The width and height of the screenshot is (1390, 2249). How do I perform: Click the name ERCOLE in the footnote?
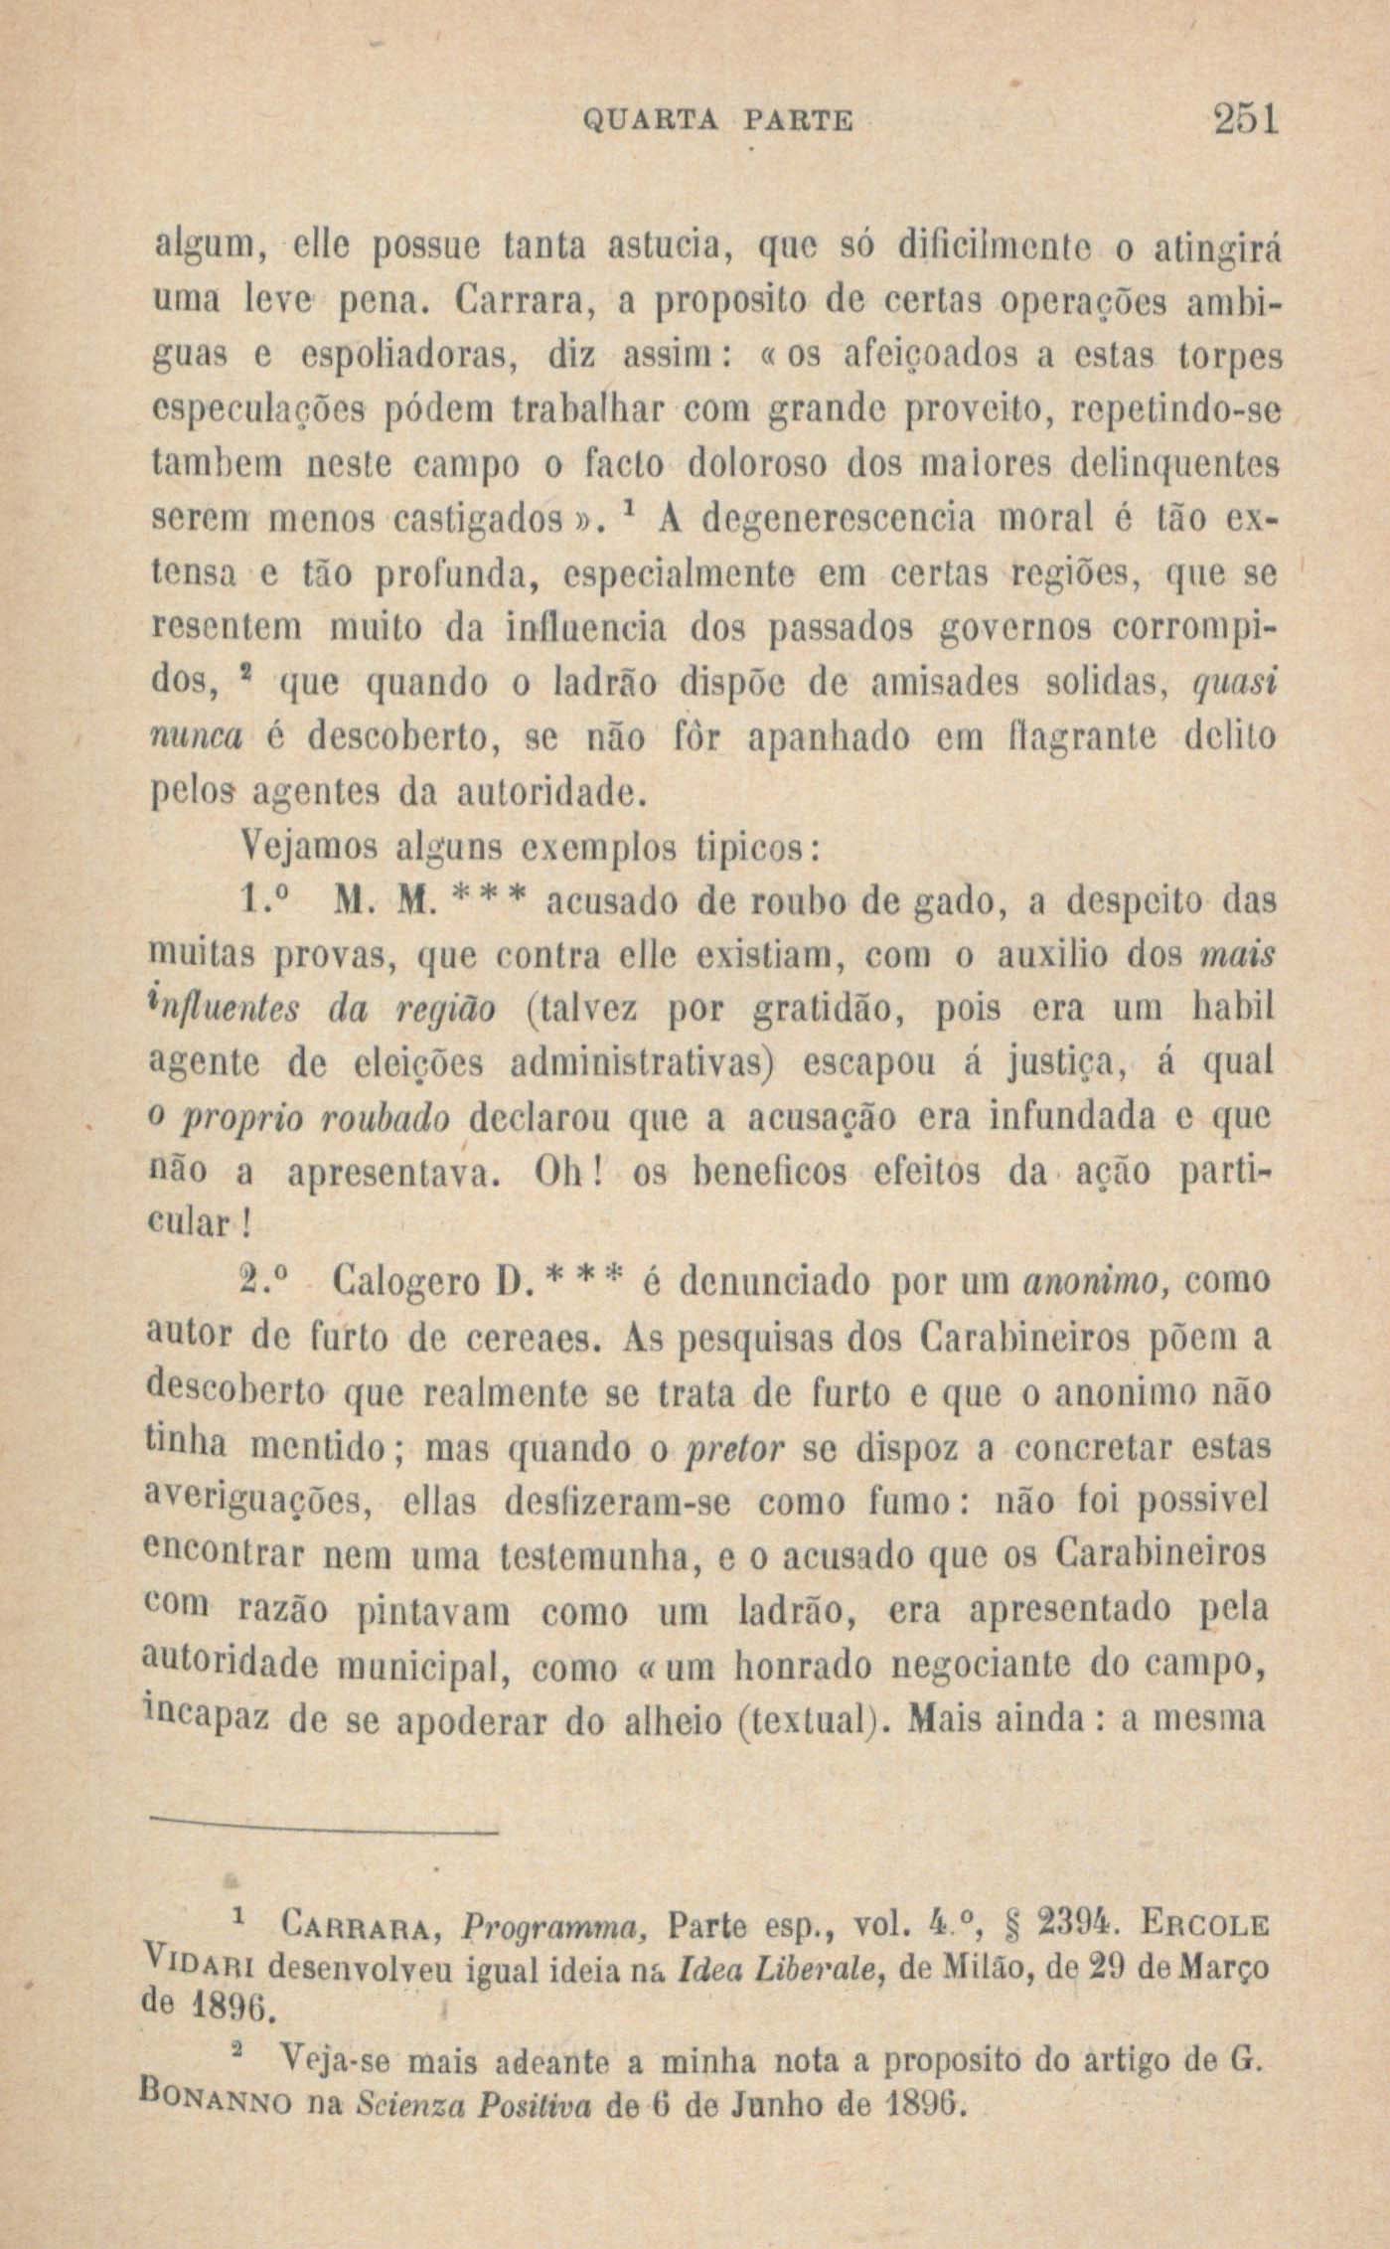[x=1204, y=1924]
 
